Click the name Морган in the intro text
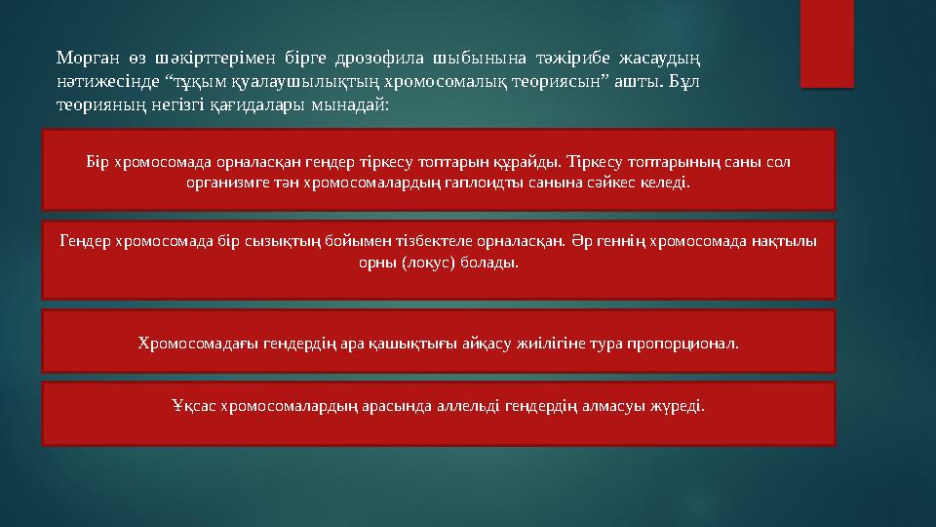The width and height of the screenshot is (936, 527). (84, 58)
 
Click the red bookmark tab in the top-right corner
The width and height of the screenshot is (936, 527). (826, 39)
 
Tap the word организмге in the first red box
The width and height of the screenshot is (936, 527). (226, 182)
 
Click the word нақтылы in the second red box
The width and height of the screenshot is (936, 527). (785, 241)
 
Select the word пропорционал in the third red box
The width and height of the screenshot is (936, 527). (688, 344)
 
